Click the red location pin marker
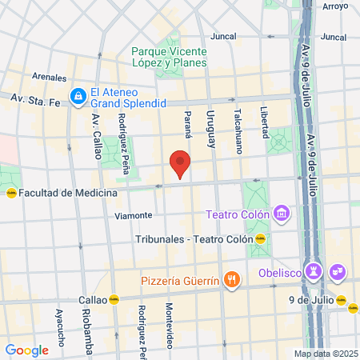pos(180,163)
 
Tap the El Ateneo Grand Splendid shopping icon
pos(78,97)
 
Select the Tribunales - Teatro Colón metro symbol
pos(260,238)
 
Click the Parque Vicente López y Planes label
pos(169,57)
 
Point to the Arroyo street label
pos(335,6)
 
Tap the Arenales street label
pos(50,77)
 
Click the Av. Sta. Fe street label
pos(30,98)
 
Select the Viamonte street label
pos(134,215)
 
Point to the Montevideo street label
pos(170,321)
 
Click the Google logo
pos(27,350)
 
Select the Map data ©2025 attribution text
pos(326,353)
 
